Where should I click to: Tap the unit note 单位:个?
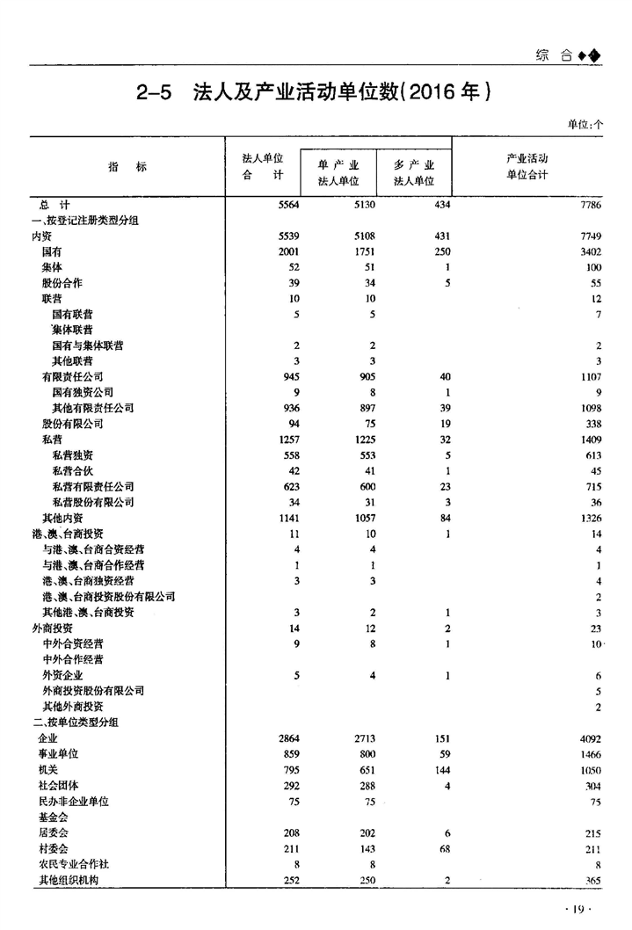point(585,125)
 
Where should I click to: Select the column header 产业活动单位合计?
point(527,166)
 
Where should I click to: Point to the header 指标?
point(127,167)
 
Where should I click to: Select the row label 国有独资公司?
point(83,392)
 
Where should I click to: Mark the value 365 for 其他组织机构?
point(592,881)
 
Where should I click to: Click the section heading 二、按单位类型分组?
point(75,723)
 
